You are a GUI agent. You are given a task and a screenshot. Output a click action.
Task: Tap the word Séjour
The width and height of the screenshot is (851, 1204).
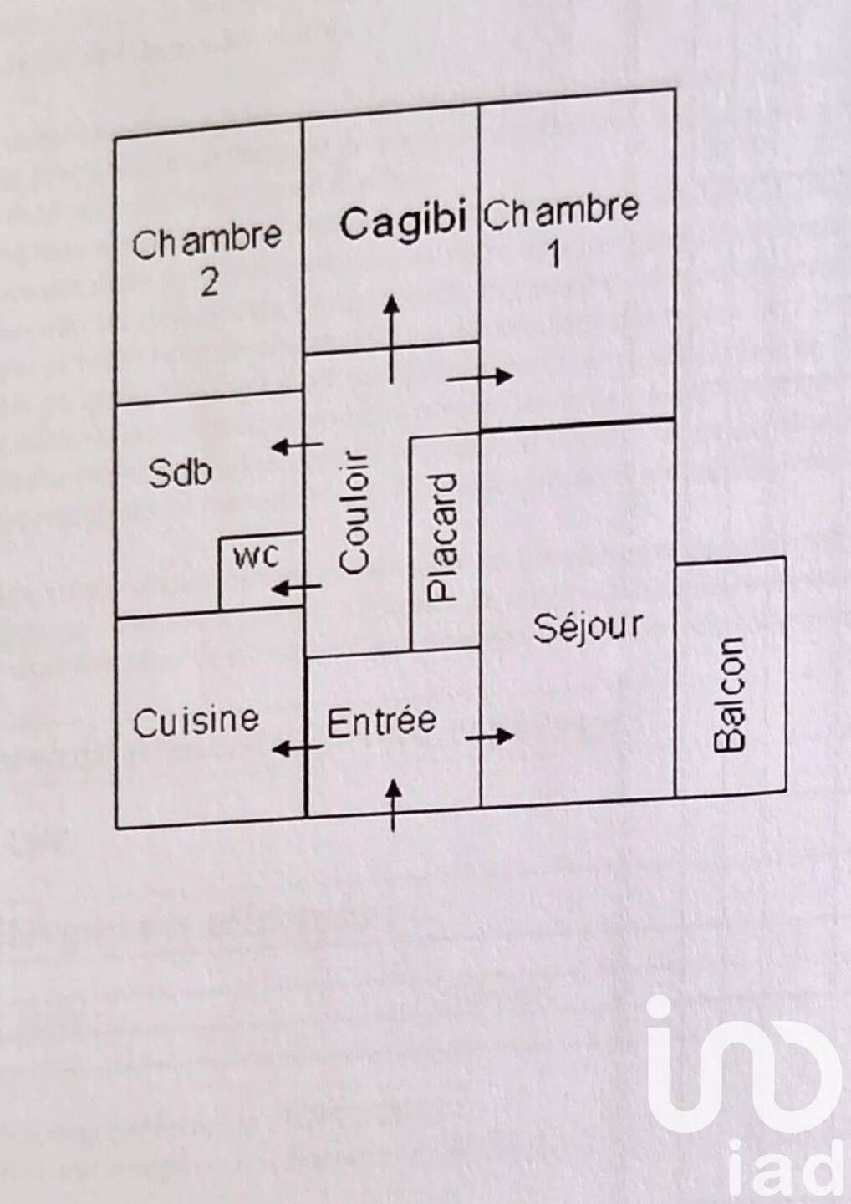pyautogui.click(x=588, y=627)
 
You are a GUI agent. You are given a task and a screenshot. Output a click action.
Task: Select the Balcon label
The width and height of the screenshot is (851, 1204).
pyautogui.click(x=729, y=695)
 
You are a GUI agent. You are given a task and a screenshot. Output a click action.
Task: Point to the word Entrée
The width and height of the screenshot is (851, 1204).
pyautogui.click(x=381, y=722)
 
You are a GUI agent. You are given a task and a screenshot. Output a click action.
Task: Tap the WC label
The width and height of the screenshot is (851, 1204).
pyautogui.click(x=257, y=558)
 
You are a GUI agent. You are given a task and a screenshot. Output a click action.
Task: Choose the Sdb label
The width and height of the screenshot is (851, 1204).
pyautogui.click(x=180, y=473)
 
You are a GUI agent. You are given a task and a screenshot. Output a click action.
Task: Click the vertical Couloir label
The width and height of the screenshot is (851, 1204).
pyautogui.click(x=354, y=514)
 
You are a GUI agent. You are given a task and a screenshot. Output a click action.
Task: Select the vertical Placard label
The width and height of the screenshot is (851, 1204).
pyautogui.click(x=443, y=537)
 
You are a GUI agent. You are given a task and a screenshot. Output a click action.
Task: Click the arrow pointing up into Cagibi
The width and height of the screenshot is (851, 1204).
pyautogui.click(x=392, y=339)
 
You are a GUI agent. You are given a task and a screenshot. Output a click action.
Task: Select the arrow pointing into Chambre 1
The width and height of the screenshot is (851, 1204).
pyautogui.click(x=480, y=377)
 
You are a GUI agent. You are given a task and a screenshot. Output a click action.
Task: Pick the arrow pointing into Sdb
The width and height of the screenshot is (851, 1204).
pyautogui.click(x=297, y=446)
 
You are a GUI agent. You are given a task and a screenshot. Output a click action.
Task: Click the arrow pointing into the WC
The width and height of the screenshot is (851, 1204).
pyautogui.click(x=297, y=588)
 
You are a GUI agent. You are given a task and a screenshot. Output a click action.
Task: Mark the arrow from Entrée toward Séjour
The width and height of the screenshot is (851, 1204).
pyautogui.click(x=489, y=736)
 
